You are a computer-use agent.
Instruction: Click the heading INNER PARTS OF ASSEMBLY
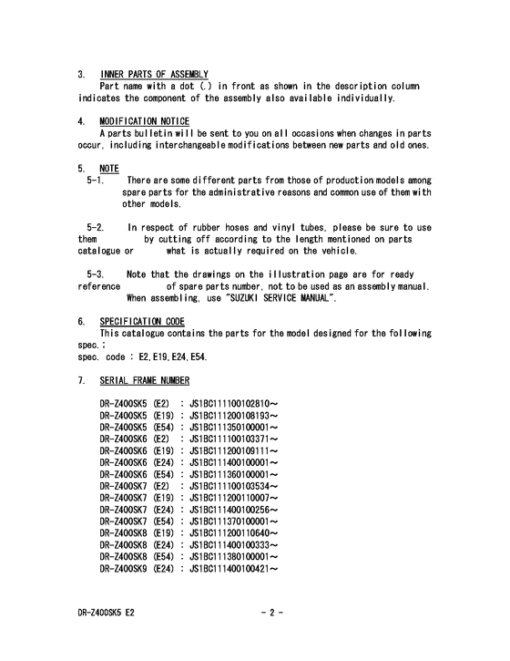tap(154, 74)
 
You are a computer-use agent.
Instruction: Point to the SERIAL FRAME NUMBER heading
tap(144, 379)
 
